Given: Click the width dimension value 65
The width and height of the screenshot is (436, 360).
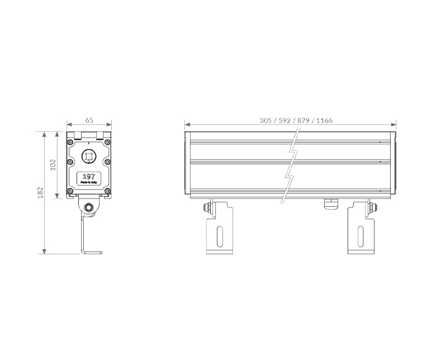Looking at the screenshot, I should point(89,120).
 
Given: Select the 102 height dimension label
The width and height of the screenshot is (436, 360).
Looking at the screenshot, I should point(53,165).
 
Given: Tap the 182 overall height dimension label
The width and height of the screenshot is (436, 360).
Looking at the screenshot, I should point(40,192).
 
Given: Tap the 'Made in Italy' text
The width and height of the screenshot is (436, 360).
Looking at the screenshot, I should point(88,183).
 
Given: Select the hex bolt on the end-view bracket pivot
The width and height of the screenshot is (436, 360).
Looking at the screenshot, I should point(88,208).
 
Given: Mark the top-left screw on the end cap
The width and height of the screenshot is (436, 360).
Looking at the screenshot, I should point(70,144).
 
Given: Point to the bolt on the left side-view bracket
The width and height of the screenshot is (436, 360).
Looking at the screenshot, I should point(207,208).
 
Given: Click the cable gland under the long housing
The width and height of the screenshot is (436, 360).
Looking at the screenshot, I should point(331,202).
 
